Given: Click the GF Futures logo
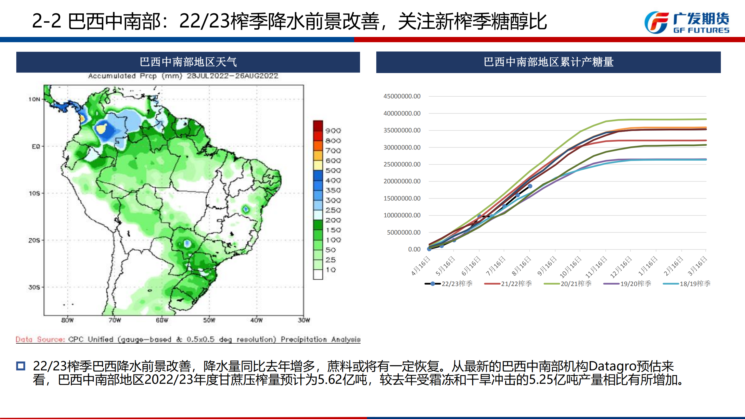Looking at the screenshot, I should [687, 22].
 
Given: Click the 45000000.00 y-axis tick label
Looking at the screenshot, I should [402, 96].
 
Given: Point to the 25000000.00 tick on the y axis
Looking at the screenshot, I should [402, 164].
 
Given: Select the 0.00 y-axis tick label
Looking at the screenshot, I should [414, 249].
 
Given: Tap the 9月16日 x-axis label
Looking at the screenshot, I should [547, 266].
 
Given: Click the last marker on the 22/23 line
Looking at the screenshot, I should [530, 186].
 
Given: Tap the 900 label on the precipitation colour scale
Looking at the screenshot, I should [333, 131].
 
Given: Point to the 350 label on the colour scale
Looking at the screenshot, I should [333, 190].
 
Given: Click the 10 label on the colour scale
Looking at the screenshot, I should [331, 270].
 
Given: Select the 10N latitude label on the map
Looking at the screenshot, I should [34, 99].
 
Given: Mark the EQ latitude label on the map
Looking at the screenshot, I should [36, 146].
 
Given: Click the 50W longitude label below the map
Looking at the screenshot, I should [209, 320].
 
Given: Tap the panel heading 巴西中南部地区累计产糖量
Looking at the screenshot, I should [549, 62].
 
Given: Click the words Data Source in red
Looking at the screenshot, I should [40, 339].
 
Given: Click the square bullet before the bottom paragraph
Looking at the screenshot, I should [21, 366].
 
